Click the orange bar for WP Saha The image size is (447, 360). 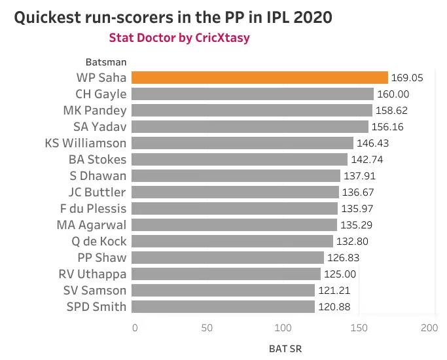coord(260,77)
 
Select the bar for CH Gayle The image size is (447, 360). coord(253,94)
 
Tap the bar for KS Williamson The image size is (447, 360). coord(242,143)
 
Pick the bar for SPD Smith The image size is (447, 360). coord(223,306)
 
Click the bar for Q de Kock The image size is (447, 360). coord(232,241)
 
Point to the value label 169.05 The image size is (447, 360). coord(407,78)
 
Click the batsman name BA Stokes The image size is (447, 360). coord(98,159)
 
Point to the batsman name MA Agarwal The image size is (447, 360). coord(92,225)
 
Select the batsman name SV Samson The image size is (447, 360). coord(95,290)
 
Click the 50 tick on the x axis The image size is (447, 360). coord(209,327)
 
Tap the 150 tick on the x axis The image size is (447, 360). coord(357,327)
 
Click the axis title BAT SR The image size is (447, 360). coord(285,348)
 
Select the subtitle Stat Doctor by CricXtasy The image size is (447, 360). coord(179,38)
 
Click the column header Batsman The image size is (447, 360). coord(106,62)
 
